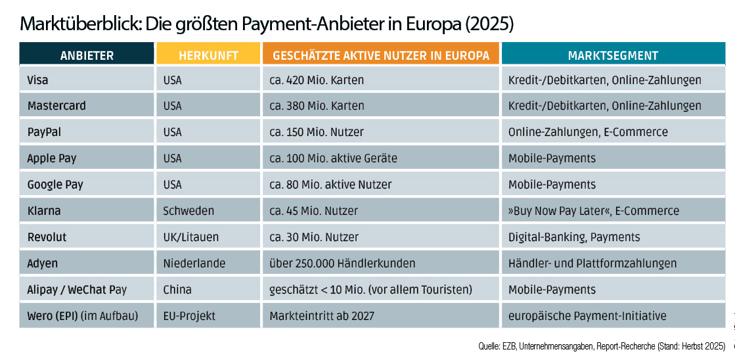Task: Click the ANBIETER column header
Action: click(x=87, y=55)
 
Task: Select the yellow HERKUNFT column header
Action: click(x=208, y=55)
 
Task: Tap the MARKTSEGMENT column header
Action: click(x=613, y=55)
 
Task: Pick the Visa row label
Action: click(x=38, y=80)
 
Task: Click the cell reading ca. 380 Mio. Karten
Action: click(x=317, y=106)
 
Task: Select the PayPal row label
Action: click(x=43, y=132)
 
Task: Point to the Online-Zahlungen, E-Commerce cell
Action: click(x=587, y=132)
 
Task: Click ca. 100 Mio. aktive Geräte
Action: click(x=333, y=158)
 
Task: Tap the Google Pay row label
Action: click(x=55, y=185)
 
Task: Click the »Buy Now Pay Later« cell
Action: click(x=593, y=211)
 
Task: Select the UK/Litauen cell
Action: click(x=190, y=237)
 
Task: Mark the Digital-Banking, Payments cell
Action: click(x=573, y=237)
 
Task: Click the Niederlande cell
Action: click(x=194, y=263)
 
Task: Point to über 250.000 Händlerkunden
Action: click(x=342, y=263)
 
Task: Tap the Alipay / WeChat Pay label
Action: click(x=77, y=290)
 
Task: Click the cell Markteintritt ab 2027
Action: click(x=322, y=316)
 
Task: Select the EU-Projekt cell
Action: click(x=189, y=316)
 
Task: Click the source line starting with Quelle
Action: click(x=602, y=346)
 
